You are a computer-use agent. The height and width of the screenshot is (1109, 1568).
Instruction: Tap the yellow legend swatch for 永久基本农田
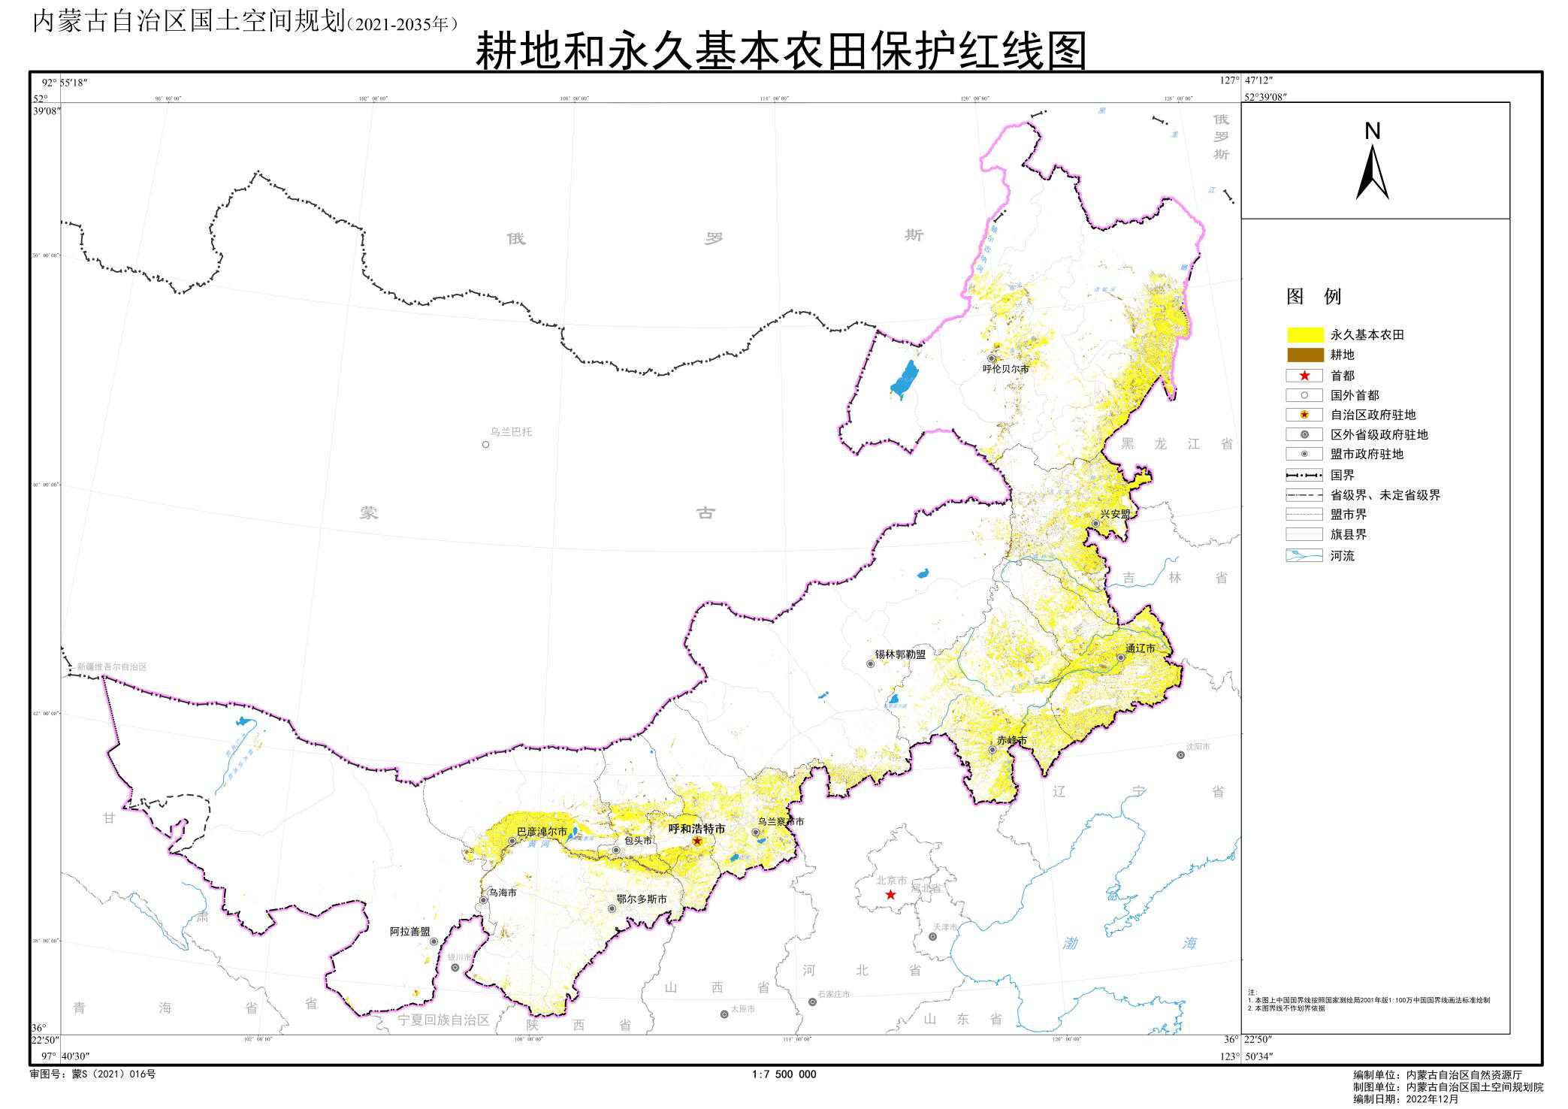(1305, 334)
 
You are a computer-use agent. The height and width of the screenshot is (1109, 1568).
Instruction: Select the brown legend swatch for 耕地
(1305, 355)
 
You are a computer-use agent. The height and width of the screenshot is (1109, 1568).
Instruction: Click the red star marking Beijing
(890, 894)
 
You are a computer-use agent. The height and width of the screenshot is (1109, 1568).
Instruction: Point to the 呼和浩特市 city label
(696, 829)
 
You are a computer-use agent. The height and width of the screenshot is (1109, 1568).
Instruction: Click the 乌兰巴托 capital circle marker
(485, 444)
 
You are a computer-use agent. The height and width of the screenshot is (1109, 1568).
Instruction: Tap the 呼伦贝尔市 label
(1005, 369)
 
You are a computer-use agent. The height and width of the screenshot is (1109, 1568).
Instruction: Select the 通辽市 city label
(1140, 648)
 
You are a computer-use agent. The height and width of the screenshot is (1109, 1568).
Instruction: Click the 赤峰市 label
(1011, 740)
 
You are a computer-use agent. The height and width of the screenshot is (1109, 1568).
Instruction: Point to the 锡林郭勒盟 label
(900, 654)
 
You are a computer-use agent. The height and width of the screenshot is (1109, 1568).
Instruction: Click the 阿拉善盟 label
(410, 931)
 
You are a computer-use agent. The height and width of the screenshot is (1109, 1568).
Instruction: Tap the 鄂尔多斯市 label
(641, 899)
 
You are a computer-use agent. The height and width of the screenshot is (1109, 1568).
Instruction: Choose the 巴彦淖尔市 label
(542, 832)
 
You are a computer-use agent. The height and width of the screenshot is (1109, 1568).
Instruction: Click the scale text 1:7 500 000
(784, 1074)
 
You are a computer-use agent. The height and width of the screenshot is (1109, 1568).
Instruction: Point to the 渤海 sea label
(1129, 943)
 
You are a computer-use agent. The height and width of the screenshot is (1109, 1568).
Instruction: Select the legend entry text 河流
(1342, 556)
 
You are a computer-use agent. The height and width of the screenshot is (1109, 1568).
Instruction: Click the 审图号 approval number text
(92, 1074)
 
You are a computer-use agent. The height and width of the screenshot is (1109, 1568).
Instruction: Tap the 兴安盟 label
(1115, 514)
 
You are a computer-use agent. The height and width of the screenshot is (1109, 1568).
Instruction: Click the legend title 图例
(1313, 296)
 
